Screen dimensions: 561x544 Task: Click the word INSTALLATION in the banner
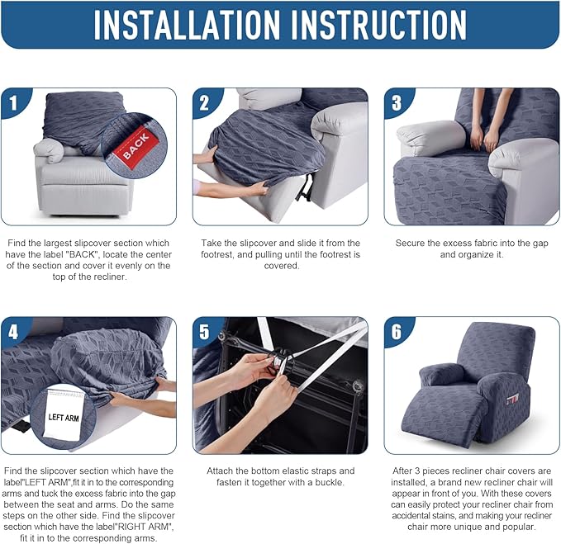coord(187,24)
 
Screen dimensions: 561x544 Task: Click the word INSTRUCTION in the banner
coord(379,24)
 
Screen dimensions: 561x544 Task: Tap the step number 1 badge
coord(14,102)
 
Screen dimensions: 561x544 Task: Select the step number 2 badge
coord(206,102)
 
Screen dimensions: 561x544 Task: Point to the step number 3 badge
coord(397,102)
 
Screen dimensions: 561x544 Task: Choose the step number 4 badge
coord(14,332)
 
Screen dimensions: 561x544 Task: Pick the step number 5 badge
coord(206,332)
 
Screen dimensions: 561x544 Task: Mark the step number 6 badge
coord(397,332)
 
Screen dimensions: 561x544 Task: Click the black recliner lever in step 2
coord(305,187)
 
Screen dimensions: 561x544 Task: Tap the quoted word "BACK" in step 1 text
coord(83,254)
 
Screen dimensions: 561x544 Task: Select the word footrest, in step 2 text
coord(217,254)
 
